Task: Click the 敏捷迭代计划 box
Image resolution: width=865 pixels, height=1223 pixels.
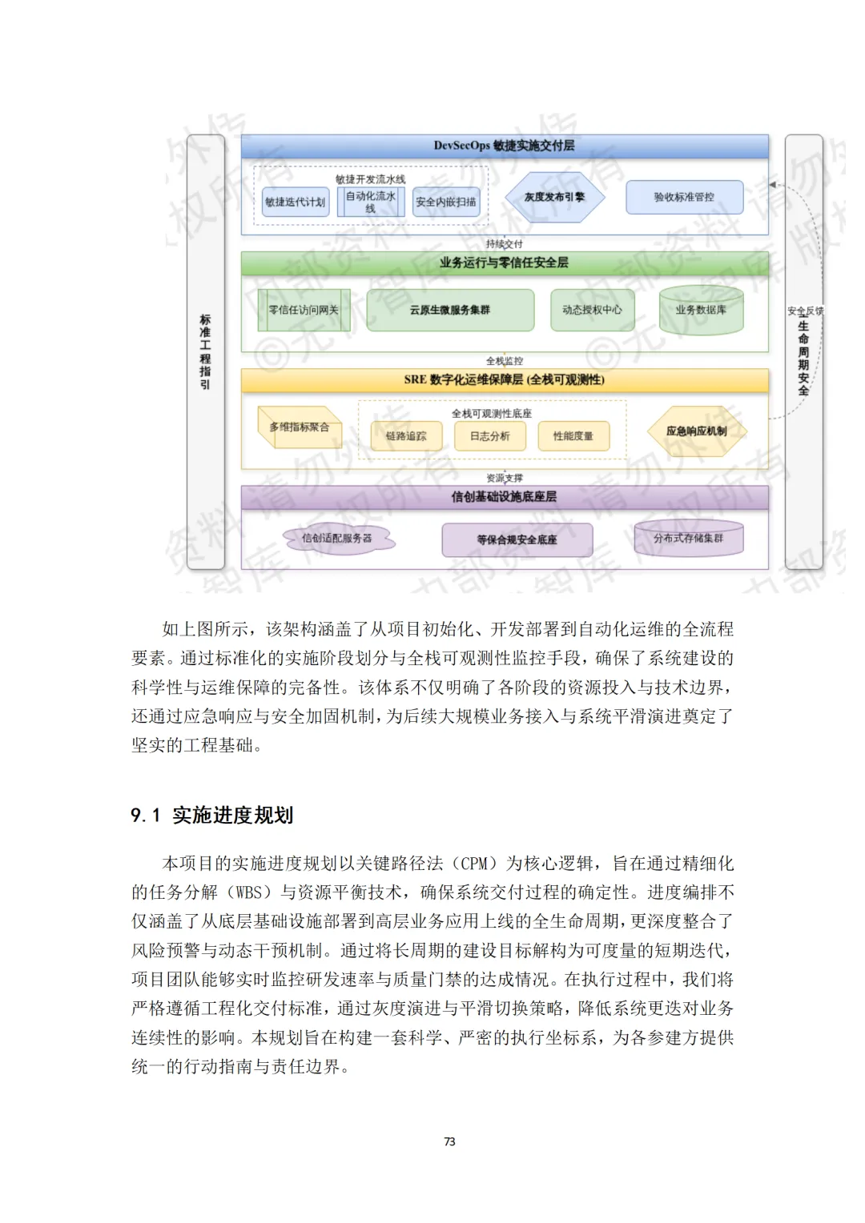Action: point(295,202)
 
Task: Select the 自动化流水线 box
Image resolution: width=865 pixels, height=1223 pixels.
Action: point(370,202)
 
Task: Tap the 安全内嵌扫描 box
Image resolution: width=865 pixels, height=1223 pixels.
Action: point(445,202)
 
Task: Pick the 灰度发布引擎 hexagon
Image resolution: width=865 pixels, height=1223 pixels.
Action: point(554,197)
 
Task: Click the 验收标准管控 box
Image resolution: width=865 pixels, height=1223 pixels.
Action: point(684,197)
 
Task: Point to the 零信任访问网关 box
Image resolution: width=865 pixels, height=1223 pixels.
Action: point(304,310)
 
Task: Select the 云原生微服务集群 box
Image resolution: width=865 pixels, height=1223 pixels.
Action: point(450,310)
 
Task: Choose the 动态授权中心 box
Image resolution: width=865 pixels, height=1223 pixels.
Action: point(592,310)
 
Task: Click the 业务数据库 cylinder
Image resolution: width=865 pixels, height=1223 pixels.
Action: point(701,310)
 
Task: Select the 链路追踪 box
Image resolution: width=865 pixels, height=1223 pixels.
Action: point(406,436)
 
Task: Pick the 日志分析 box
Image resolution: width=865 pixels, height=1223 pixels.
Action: point(489,436)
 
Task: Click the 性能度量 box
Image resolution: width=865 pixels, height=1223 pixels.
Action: point(573,436)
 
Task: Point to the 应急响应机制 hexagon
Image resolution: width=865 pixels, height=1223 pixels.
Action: point(697,431)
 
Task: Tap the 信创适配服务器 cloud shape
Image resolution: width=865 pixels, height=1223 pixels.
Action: point(337,539)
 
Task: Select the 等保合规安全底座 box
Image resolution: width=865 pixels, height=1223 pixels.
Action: point(517,539)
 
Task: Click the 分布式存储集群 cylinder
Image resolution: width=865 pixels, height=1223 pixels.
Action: point(688,539)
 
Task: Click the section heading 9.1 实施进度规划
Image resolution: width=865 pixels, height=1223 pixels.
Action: point(212,815)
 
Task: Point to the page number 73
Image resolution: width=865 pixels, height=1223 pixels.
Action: point(449,1141)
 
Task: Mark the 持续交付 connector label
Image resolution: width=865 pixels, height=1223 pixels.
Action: point(505,243)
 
